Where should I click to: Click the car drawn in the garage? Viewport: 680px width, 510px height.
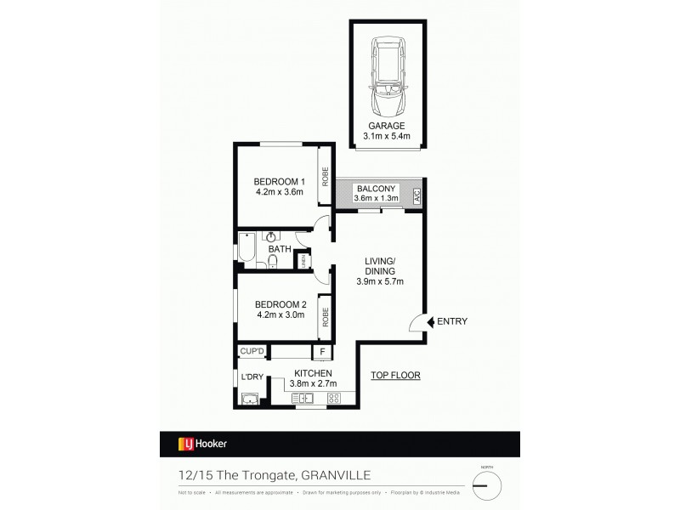(387, 78)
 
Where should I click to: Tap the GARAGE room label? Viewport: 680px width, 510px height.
(387, 125)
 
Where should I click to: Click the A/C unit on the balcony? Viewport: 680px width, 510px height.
(416, 195)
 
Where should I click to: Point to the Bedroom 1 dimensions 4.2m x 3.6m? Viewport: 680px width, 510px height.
(279, 192)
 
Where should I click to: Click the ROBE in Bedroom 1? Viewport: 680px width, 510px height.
(325, 176)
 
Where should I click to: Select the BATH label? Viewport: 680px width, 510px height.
(280, 249)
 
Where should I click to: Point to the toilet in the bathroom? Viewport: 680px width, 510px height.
(272, 260)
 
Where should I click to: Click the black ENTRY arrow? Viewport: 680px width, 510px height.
(428, 321)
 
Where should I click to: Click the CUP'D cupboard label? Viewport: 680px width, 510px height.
(252, 350)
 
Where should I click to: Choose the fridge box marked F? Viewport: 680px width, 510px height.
(322, 351)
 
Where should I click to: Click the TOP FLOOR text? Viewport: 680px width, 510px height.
(395, 375)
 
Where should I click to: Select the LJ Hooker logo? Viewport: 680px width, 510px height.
(201, 443)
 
